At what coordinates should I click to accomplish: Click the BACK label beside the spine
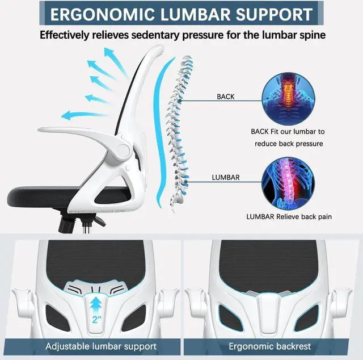coord(225,97)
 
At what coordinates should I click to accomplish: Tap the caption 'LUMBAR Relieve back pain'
coord(289,216)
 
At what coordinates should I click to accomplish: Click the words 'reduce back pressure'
coord(289,144)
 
